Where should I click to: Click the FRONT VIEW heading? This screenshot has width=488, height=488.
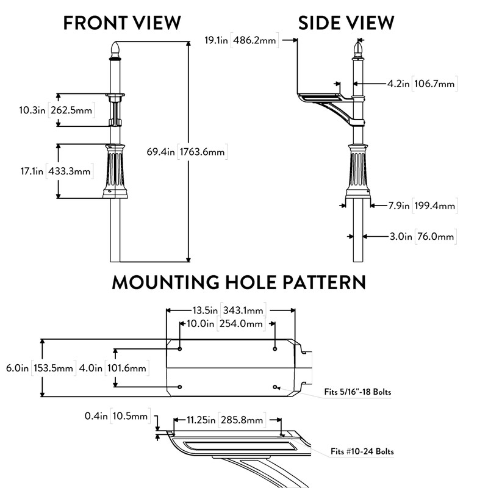pos(122,23)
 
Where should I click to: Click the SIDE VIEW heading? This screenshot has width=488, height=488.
pos(346,23)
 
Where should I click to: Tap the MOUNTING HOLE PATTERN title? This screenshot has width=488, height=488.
pos(239,282)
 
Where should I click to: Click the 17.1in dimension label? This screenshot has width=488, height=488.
pos(30,171)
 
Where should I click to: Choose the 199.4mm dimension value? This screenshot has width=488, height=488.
pos(434,206)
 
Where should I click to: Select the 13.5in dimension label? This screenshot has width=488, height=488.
pos(202,310)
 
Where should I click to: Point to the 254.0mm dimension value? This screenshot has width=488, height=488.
pos(240,323)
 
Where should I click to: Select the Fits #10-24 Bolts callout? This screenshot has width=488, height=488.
pos(362,451)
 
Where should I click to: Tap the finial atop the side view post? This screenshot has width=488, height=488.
pos(357,48)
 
